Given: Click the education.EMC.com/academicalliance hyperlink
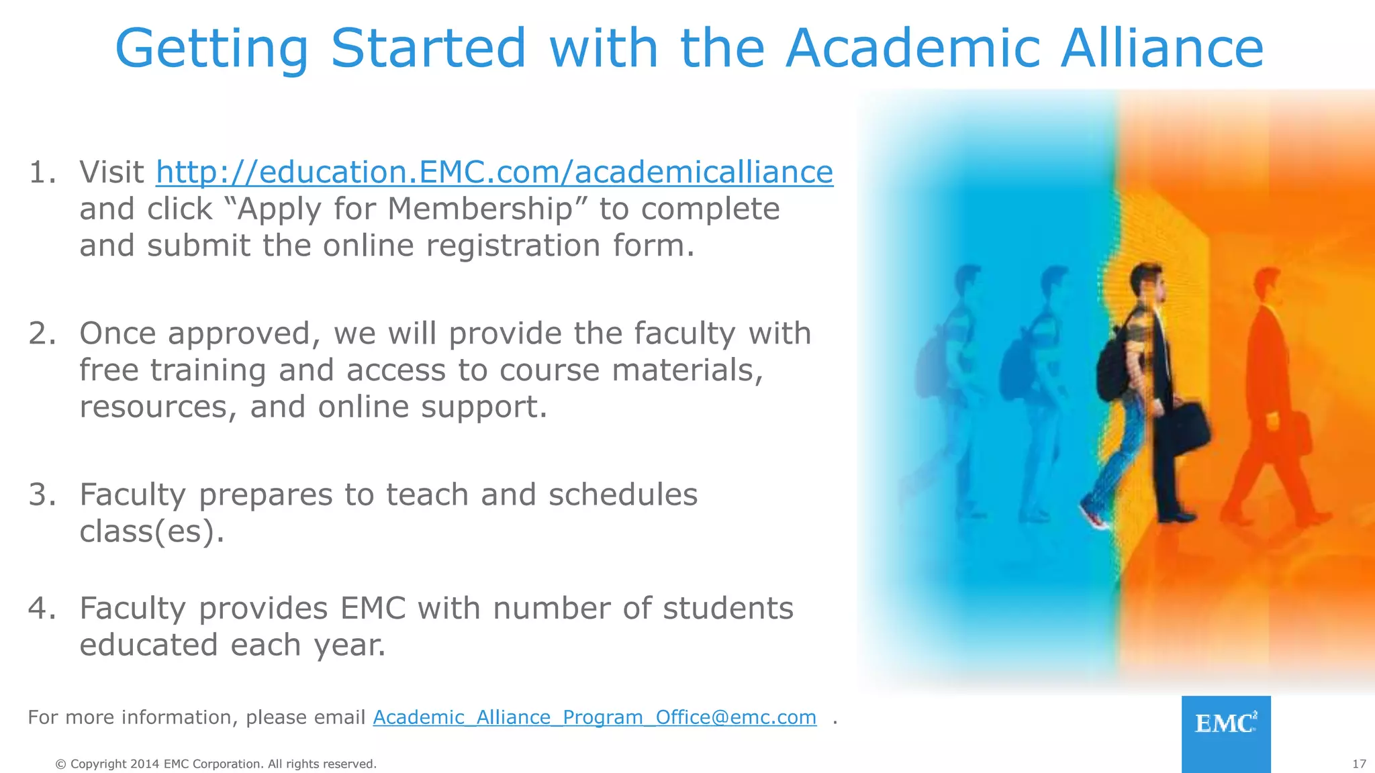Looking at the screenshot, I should coord(494,172).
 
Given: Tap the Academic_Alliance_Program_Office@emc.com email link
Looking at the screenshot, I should coord(594,717).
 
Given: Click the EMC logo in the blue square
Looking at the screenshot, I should coord(1225,724).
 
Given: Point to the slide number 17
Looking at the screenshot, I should coord(1359,764).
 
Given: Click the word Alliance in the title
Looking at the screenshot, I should coord(1161,48).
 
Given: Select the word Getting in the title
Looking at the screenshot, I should coord(211,48).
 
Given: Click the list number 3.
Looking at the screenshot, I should coord(42,495).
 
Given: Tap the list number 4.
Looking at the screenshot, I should coord(42,609).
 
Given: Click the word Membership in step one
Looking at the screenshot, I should coord(479,209).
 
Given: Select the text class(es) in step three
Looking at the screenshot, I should coord(152,531).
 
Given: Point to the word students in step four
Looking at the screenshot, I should coord(728,609).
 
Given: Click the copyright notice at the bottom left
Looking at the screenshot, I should coord(216,764).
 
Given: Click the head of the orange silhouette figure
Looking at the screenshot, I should coord(1267,285).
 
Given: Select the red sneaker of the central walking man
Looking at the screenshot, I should coord(1094,517).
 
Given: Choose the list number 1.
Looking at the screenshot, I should coord(42,172).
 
